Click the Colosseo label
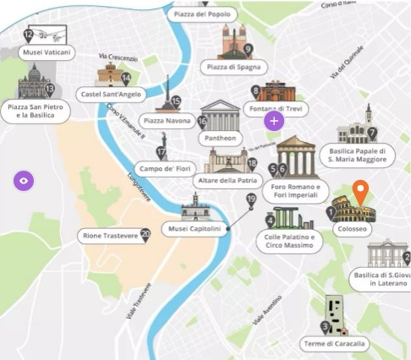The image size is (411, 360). point(352,229)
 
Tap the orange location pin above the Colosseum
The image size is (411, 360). point(361,194)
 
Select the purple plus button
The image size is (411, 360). point(274,121)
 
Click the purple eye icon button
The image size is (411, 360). point(24,180)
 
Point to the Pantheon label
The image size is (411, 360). point(220,138)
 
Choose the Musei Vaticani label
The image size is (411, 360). point(47,52)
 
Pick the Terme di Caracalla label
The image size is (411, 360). point(336,344)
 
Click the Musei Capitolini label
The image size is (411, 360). point(194,229)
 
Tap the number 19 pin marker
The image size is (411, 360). point(250,200)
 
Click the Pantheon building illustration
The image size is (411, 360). point(220,114)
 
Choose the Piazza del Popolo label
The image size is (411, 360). point(201,14)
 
